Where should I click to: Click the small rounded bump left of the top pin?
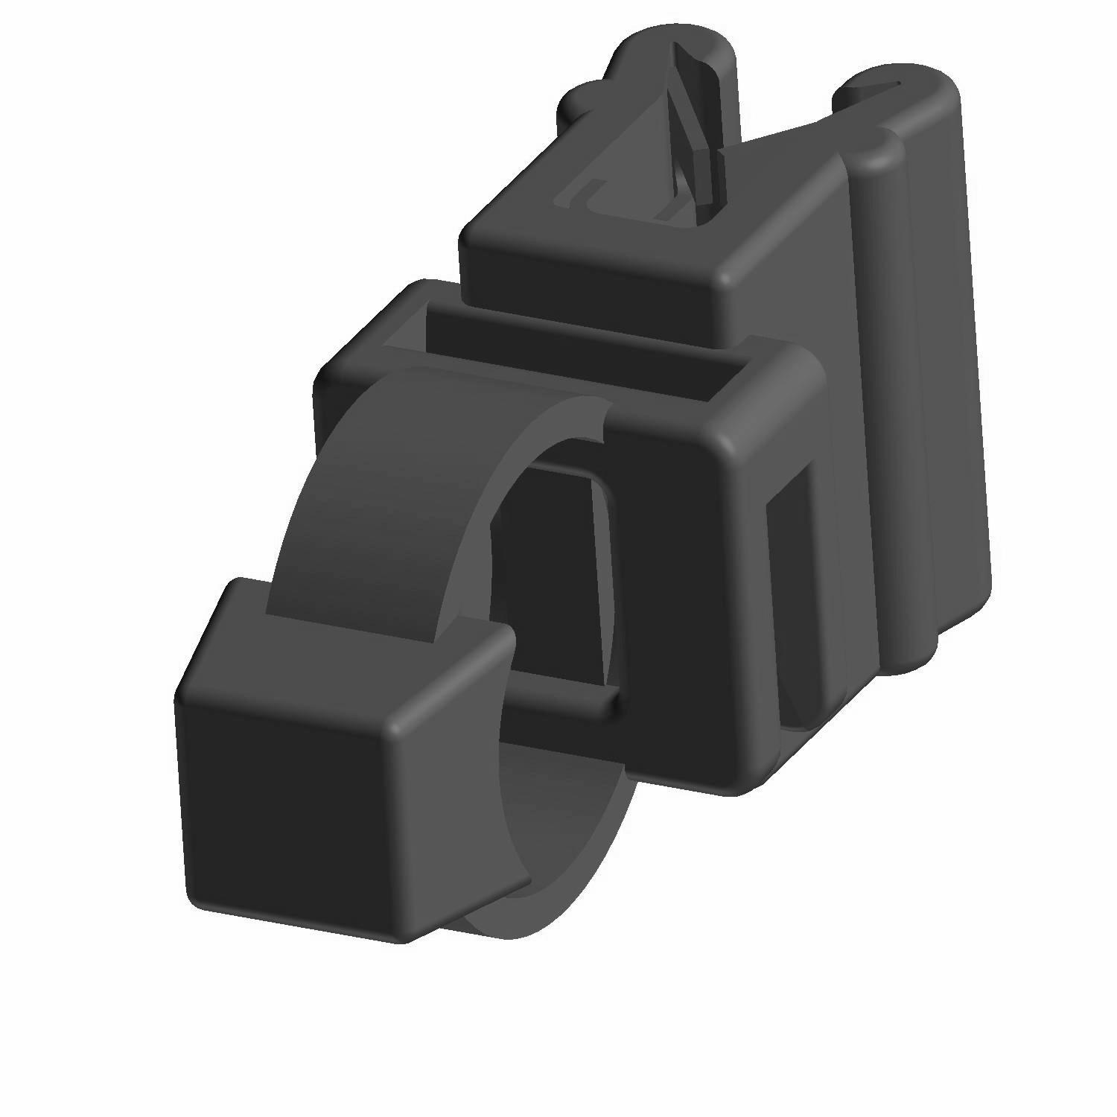(x=577, y=104)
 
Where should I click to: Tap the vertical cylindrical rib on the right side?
(x=894, y=410)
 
